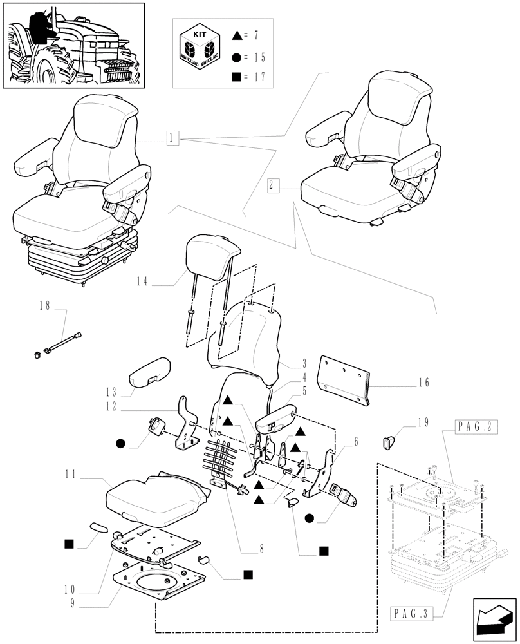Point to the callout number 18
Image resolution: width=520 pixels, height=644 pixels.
44,306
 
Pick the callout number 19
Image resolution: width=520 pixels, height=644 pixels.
422,423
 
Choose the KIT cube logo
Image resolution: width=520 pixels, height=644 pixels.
200,50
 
